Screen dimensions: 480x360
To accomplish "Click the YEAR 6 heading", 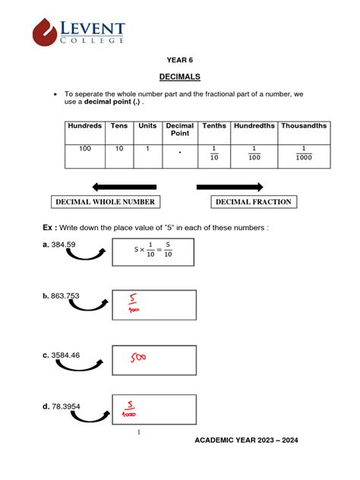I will (x=180, y=59).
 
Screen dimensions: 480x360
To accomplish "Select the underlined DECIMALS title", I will (x=180, y=77).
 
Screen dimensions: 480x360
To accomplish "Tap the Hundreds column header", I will (x=84, y=126).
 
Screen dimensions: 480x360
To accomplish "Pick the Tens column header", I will (x=119, y=126).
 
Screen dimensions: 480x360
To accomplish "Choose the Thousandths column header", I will (x=305, y=126).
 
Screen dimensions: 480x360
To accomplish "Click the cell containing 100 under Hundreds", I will (x=84, y=149).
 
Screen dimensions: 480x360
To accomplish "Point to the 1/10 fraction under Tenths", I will (x=214, y=153).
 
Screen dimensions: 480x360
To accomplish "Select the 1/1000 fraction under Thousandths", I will (x=304, y=153).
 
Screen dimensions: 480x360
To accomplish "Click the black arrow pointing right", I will (x=229, y=187).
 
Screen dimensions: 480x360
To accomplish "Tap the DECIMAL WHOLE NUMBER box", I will (x=105, y=202).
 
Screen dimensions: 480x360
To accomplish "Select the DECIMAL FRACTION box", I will (x=253, y=202).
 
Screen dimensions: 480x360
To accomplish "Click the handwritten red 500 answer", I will (x=137, y=357).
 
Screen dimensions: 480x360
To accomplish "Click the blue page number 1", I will (x=139, y=433).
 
